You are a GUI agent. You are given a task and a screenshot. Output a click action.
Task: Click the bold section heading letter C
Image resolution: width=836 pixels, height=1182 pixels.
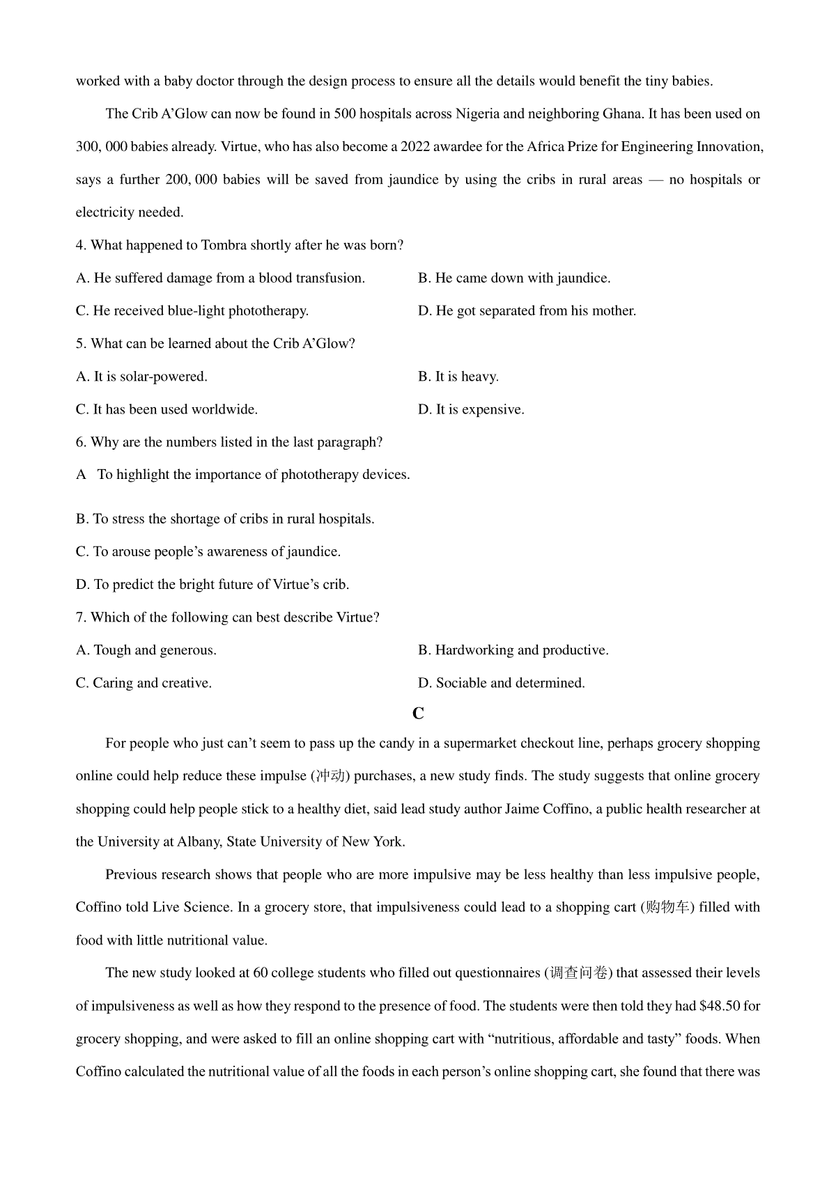418,714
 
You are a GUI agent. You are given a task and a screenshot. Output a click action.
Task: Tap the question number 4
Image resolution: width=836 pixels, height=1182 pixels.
80,246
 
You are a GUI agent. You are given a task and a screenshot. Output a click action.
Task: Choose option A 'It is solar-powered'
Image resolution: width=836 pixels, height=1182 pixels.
141,377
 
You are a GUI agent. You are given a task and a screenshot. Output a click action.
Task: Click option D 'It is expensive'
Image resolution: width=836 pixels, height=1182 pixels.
471,409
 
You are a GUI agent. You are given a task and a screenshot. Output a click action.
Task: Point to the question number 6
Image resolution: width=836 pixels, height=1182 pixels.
80,442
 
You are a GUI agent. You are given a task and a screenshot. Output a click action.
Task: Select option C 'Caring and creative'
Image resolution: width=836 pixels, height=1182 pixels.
144,683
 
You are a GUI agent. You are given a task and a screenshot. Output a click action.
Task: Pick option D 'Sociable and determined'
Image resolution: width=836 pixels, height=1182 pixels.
502,683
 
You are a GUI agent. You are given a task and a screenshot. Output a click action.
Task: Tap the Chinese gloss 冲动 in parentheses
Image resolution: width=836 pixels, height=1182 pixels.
330,776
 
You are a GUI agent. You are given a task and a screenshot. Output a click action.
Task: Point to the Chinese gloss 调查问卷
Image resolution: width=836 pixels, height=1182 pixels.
578,973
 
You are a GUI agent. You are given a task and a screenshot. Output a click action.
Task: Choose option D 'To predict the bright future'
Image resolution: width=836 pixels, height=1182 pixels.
212,585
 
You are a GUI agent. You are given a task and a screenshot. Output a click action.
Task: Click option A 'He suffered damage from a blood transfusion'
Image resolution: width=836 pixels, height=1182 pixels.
220,278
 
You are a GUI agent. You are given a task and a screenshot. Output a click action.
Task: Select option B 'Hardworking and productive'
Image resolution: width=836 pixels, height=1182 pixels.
513,650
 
